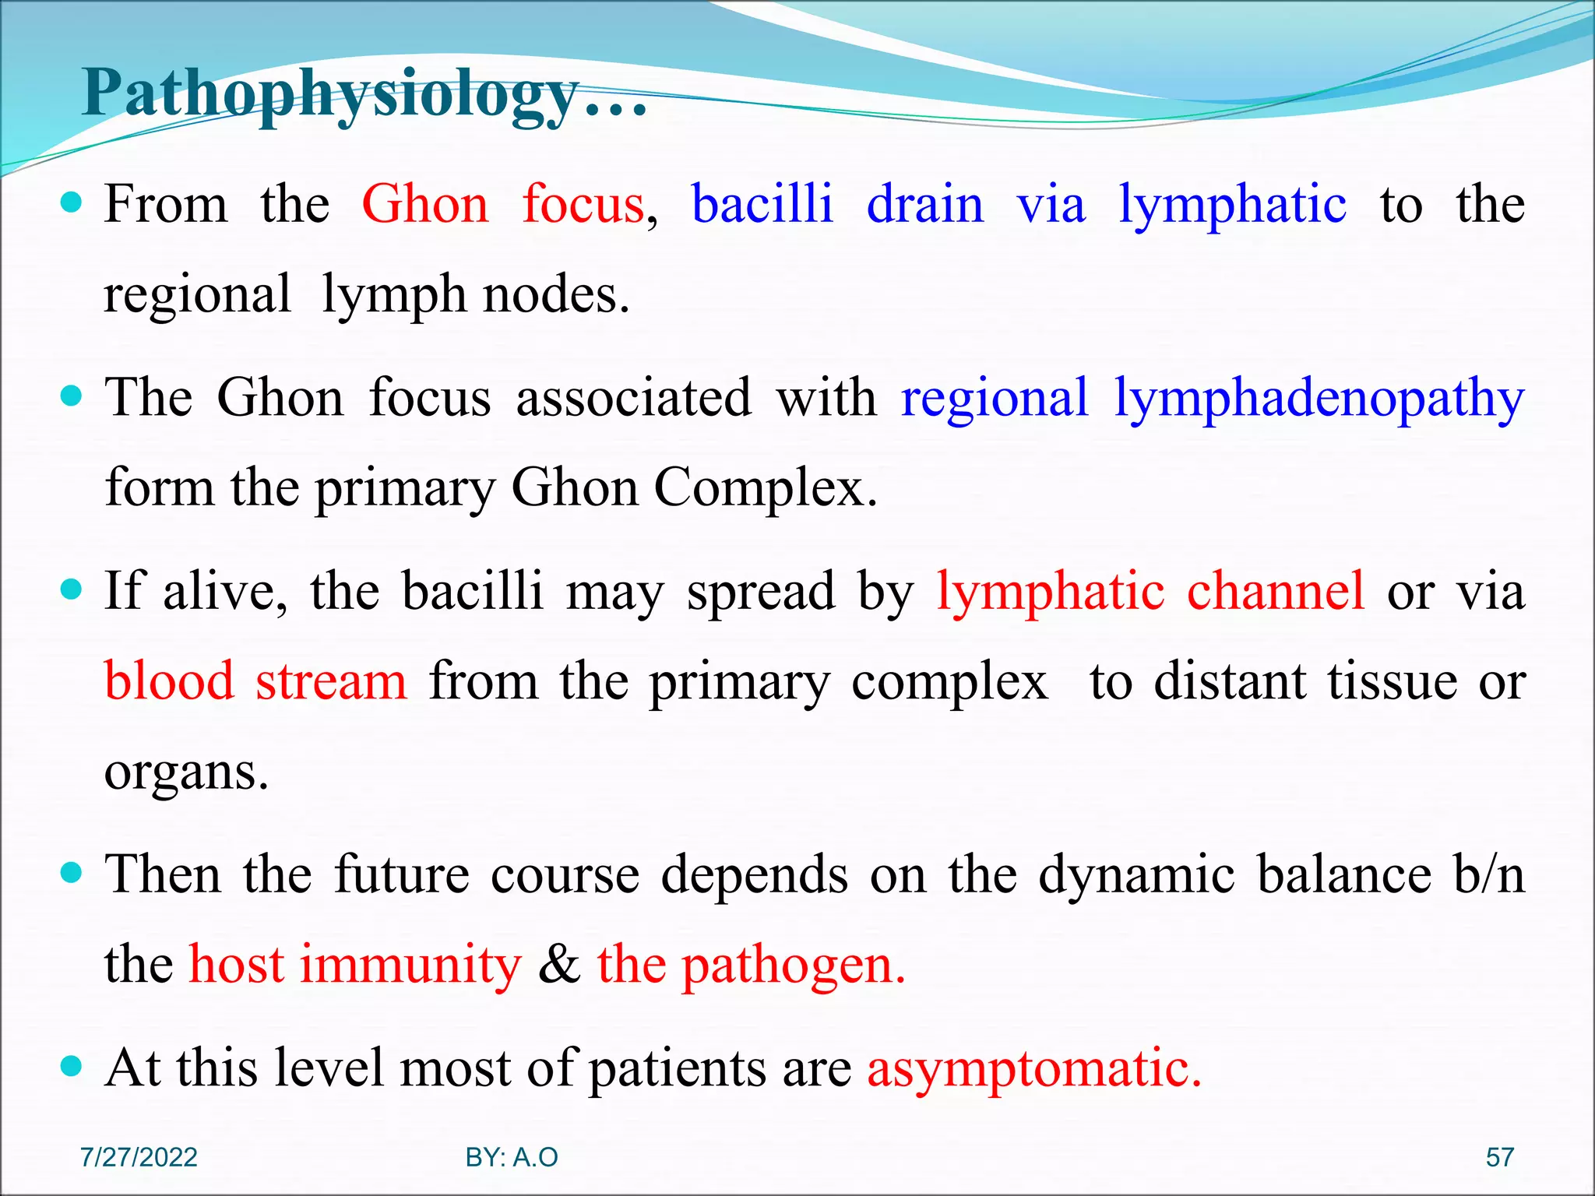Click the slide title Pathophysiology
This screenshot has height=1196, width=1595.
364,95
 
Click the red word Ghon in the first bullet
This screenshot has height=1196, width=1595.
425,204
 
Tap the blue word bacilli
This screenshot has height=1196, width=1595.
762,204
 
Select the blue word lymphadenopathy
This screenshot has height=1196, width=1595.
1319,399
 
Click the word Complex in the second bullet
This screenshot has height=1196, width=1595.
765,487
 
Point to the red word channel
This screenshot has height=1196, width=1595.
1276,590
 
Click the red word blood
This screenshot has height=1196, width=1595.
169,681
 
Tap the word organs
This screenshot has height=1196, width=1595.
186,772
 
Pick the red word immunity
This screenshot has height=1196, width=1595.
410,964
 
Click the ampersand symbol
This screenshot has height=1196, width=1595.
559,964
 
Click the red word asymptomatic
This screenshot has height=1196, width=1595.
1034,1068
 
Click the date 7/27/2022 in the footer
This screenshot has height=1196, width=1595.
139,1157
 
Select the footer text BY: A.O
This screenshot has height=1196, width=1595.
512,1157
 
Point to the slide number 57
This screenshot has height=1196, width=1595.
1499,1157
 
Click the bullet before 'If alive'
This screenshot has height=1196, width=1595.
71,589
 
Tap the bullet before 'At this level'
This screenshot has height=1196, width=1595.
71,1065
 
